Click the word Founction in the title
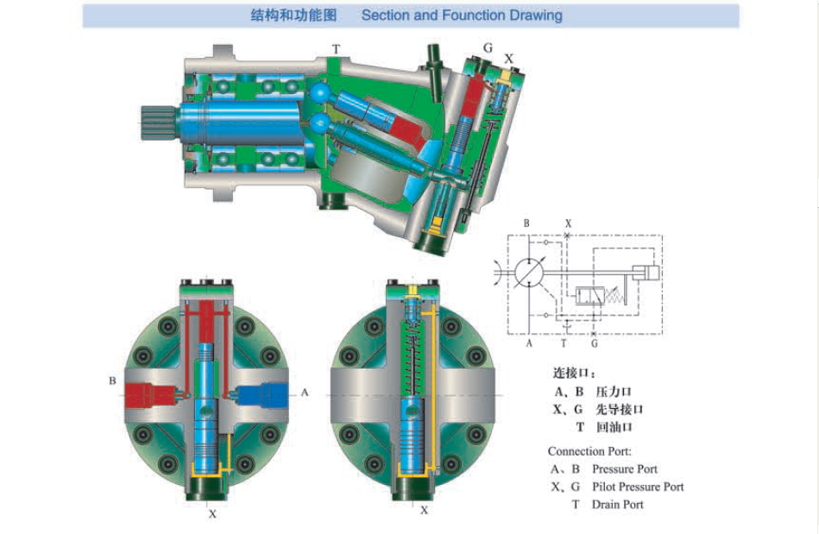click(474, 16)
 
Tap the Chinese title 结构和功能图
click(293, 16)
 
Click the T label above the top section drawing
click(336, 49)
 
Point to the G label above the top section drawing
click(488, 48)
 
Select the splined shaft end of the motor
click(160, 123)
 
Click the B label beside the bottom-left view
click(112, 380)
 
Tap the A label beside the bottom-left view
click(305, 392)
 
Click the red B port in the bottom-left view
click(149, 395)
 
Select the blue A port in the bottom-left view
click(262, 395)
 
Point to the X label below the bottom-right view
click(424, 510)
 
